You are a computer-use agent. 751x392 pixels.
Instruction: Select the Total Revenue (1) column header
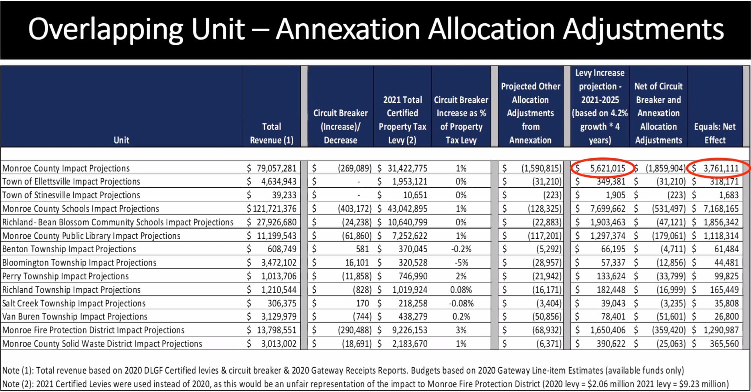271,133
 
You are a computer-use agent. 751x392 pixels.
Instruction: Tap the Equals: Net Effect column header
715,133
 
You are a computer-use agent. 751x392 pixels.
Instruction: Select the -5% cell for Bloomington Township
461,263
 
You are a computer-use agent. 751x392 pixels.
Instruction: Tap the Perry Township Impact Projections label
65,276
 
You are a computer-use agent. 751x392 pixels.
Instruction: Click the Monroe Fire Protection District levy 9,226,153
407,330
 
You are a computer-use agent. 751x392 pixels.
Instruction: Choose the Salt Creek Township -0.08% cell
461,303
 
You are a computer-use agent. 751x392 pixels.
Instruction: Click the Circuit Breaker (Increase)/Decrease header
340,127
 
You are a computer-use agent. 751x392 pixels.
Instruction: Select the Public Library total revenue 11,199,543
276,236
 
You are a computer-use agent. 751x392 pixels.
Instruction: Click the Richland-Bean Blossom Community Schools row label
118,222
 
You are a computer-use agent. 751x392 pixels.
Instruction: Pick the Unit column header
121,140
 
